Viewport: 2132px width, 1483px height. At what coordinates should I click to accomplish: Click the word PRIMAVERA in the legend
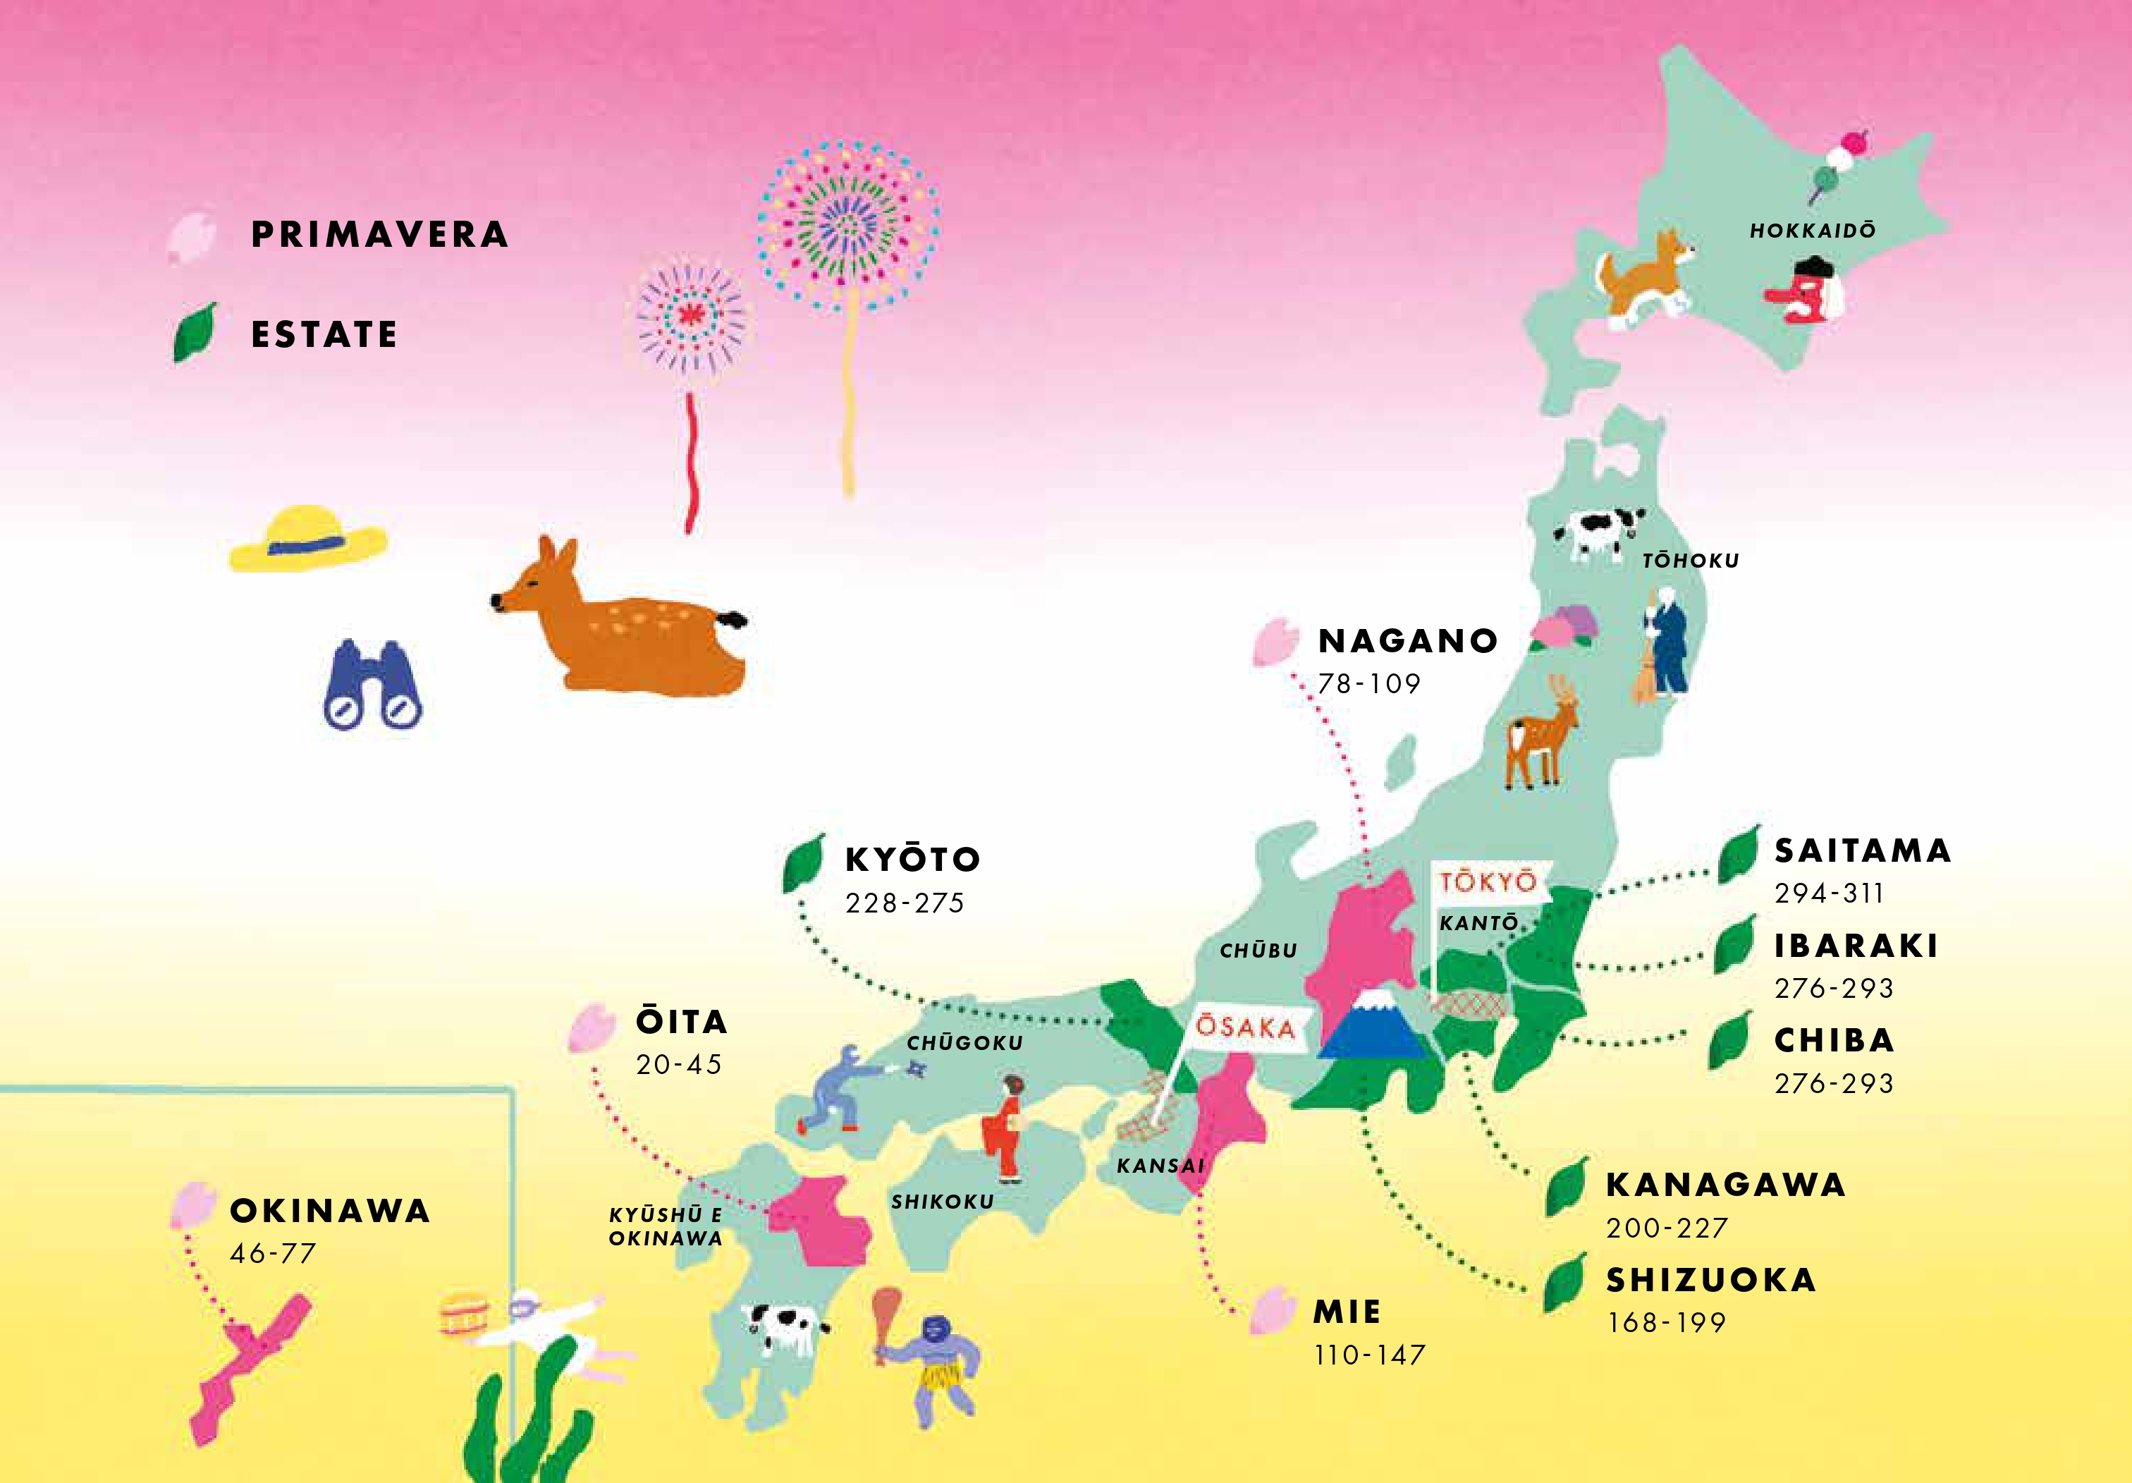click(380, 235)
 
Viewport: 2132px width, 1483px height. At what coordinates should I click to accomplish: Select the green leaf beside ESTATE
click(195, 332)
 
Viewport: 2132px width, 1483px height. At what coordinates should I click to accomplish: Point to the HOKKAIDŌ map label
click(1813, 231)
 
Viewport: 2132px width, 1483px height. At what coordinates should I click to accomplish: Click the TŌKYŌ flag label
click(1488, 881)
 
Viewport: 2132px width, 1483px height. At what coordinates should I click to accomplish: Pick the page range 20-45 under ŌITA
click(679, 1064)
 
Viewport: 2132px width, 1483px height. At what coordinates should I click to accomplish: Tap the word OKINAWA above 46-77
click(330, 1211)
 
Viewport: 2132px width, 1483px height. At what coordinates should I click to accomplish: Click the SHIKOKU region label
click(943, 1202)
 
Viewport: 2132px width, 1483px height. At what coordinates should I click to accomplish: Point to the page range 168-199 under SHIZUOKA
click(1667, 1322)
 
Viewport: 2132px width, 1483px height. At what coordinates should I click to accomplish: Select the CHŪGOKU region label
click(964, 1044)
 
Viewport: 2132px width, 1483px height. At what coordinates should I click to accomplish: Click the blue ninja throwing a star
click(840, 1088)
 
